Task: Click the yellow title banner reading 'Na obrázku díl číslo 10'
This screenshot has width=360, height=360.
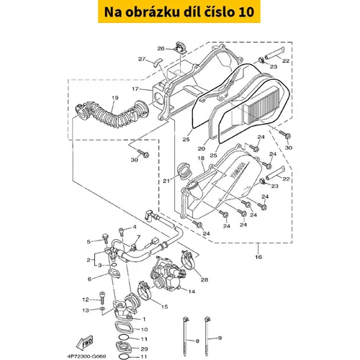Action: coord(179,12)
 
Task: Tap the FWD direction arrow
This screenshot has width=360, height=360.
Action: coord(84,343)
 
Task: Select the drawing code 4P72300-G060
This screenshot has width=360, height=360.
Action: coord(86,356)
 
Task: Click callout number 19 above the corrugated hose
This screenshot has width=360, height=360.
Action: coord(115,98)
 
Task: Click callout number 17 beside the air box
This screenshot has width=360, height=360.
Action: coord(135,89)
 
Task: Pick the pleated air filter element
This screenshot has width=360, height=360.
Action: coord(265,105)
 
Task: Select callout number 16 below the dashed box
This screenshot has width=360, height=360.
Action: coord(258,257)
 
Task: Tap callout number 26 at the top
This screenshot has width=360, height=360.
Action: coord(161,48)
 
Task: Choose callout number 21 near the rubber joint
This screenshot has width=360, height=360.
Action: coord(166,181)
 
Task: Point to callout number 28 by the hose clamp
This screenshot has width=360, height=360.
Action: coord(204,279)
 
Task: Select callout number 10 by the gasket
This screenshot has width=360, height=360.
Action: coord(144,329)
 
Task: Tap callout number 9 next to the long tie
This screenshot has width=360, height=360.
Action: coord(220,338)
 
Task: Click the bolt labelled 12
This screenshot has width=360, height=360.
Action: coord(102,297)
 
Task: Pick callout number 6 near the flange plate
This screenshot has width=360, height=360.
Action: coord(89,279)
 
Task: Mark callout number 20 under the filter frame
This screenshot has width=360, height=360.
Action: coord(202,148)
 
